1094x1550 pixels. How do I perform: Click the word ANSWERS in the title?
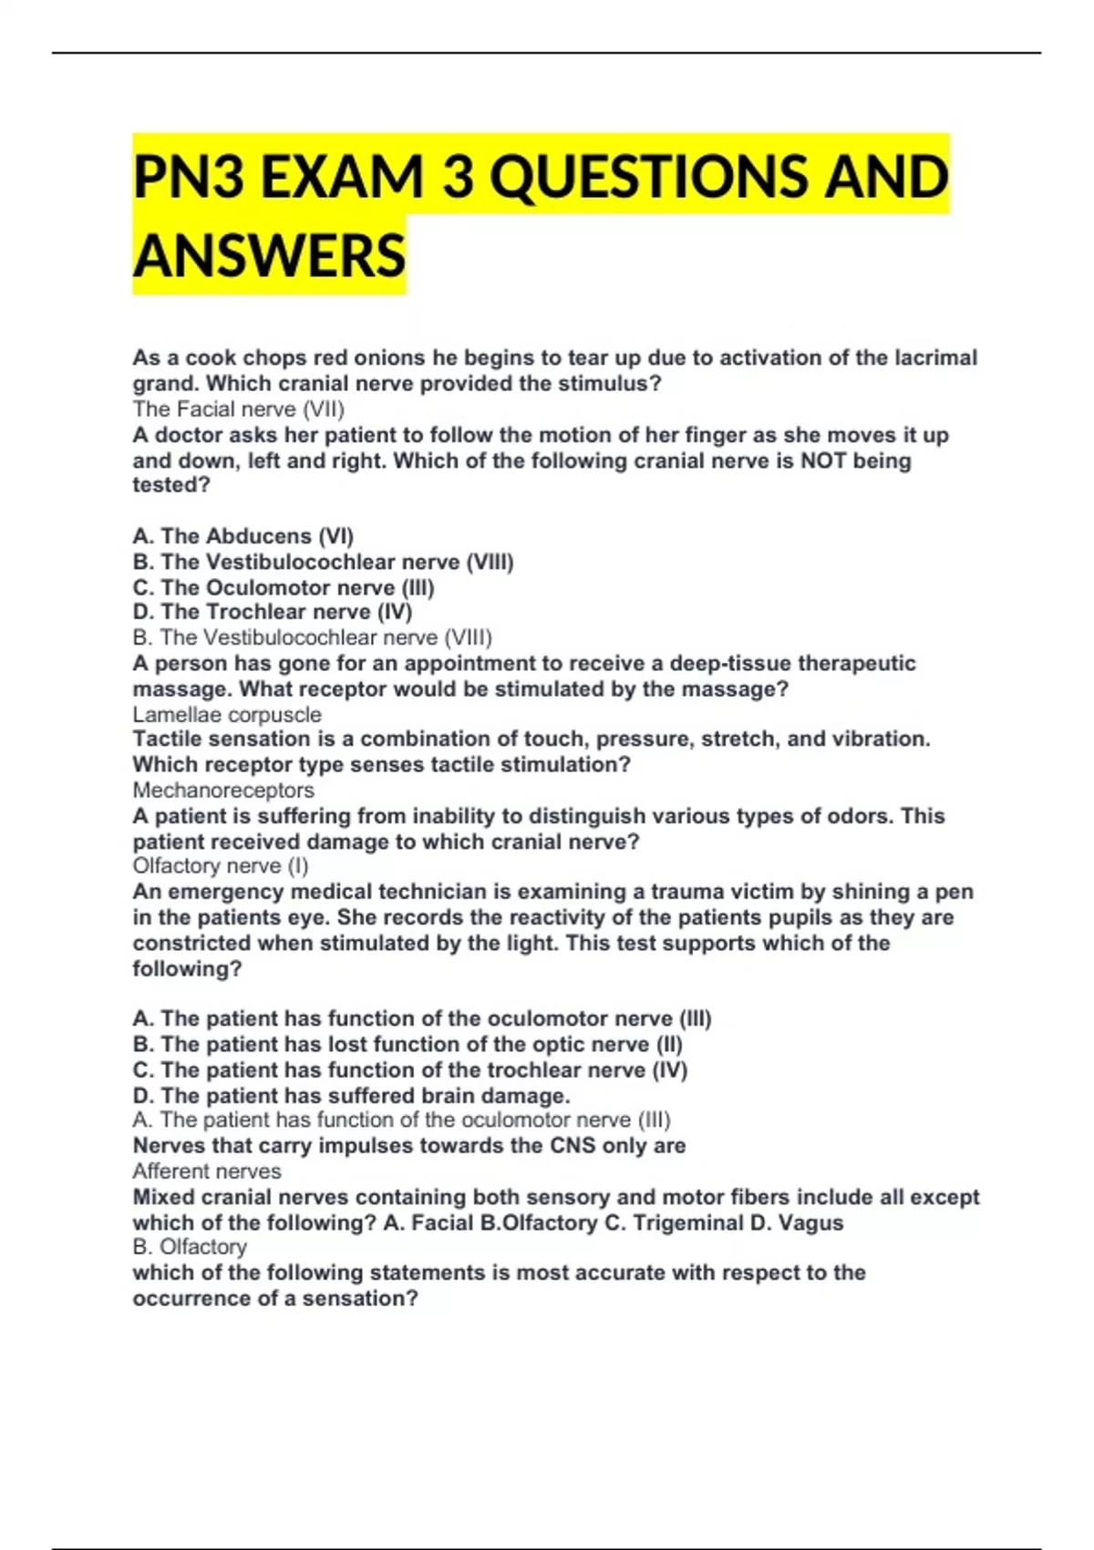pyautogui.click(x=269, y=255)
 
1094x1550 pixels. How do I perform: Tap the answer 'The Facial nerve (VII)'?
pyautogui.click(x=239, y=409)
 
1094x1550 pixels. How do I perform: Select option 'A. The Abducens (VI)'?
pyautogui.click(x=243, y=536)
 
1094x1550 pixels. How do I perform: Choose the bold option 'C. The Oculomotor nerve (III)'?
pyautogui.click(x=284, y=587)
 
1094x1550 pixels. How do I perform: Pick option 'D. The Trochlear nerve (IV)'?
pyautogui.click(x=273, y=612)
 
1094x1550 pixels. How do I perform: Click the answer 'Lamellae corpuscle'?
pyautogui.click(x=227, y=715)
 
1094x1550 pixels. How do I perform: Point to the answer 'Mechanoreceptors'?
pyautogui.click(x=223, y=790)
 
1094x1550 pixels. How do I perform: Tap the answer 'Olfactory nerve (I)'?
pyautogui.click(x=221, y=866)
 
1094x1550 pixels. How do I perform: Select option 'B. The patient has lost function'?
pyautogui.click(x=408, y=1044)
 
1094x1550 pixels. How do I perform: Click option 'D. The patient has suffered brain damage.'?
pyautogui.click(x=351, y=1095)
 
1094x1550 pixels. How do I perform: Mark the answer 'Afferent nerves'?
pyautogui.click(x=207, y=1172)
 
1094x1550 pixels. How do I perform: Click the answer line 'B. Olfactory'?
pyautogui.click(x=190, y=1247)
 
